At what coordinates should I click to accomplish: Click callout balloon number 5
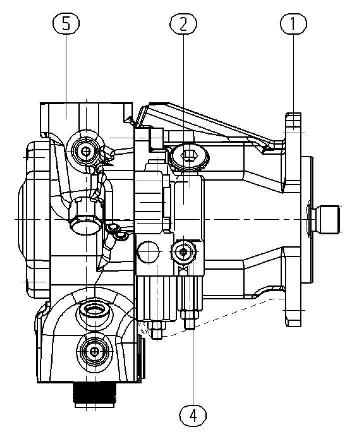point(66,23)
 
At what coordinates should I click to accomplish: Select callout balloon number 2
point(183,23)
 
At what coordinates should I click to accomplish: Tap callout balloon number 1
point(293,23)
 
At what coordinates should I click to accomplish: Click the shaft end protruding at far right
point(327,219)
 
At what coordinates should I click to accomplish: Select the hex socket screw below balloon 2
point(189,156)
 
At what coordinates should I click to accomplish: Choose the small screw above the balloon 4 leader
point(183,252)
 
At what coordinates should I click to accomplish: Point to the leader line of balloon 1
point(293,73)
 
